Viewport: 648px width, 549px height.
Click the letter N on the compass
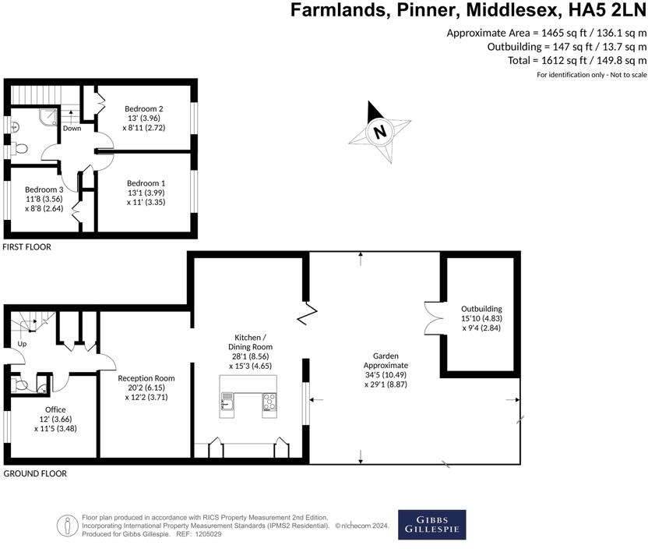coord(380,132)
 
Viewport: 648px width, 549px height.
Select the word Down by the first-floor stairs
coord(72,128)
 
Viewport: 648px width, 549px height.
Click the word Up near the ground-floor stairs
coord(22,344)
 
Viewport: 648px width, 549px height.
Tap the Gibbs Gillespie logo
coord(431,525)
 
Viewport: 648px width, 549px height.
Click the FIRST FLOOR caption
coord(26,247)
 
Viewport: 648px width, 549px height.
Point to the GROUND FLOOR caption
coord(35,473)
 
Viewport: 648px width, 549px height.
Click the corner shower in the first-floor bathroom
coord(49,116)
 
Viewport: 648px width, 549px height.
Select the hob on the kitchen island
coord(269,402)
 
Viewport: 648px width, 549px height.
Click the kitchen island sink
coord(227,401)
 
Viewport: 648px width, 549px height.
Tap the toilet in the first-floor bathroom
coord(19,147)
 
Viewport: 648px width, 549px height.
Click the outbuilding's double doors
coord(434,318)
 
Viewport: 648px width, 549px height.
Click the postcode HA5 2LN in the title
coord(607,10)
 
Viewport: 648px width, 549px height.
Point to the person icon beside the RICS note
coord(67,526)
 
